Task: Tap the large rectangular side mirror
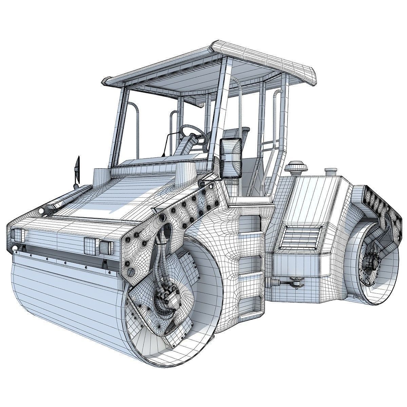(231, 158)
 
